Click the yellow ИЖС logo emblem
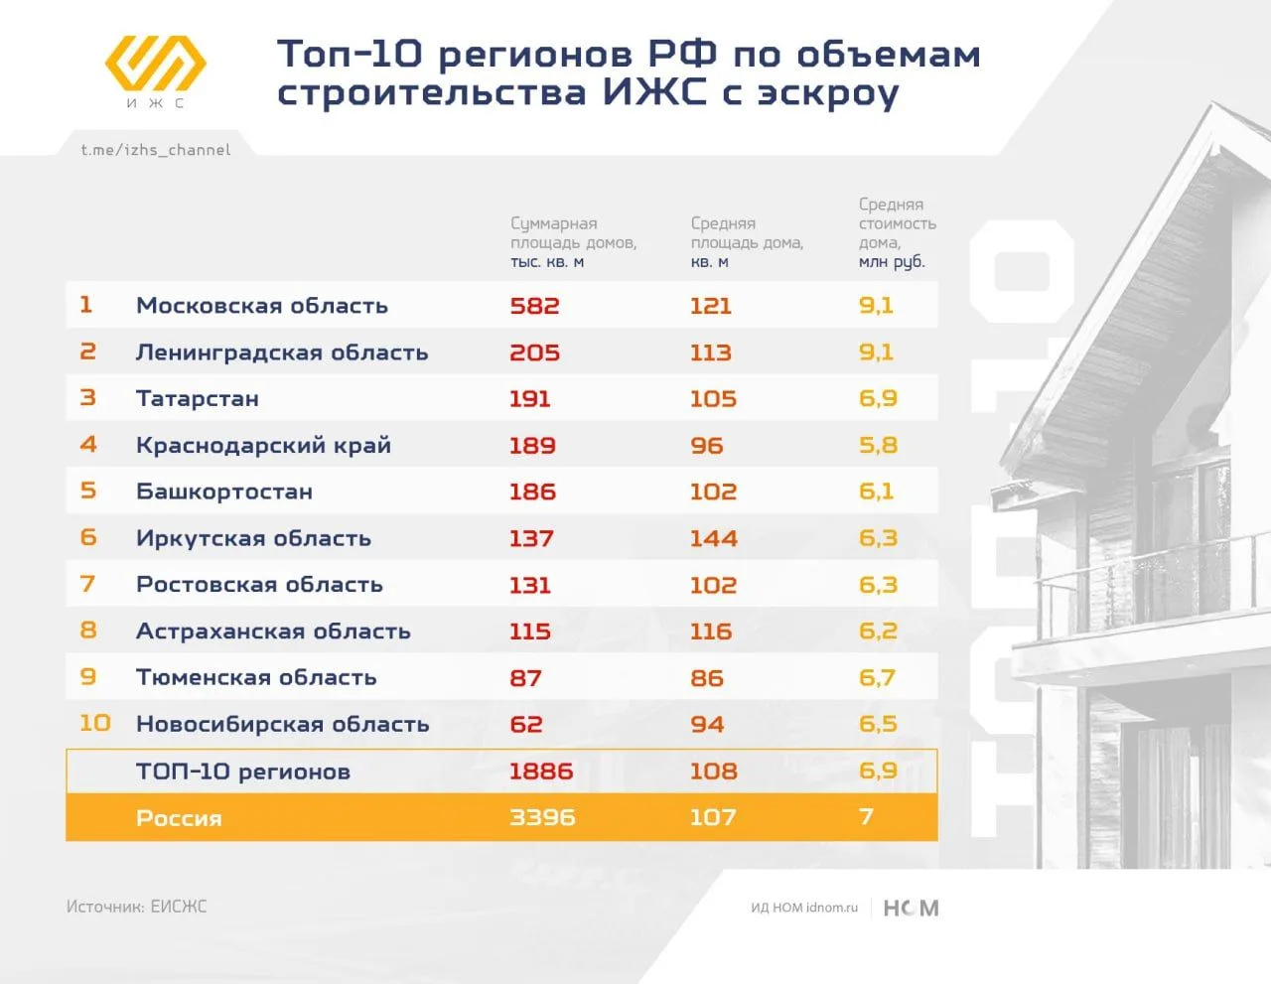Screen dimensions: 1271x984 click(x=156, y=64)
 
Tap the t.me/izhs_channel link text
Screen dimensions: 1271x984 click(x=156, y=150)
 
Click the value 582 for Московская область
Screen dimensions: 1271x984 click(x=534, y=306)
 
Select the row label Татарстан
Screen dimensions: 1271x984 click(x=198, y=399)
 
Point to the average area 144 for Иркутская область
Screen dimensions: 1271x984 click(x=714, y=538)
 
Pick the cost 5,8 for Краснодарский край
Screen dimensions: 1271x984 click(x=878, y=446)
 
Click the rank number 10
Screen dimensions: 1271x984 click(x=94, y=723)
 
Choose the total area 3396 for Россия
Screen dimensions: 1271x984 click(x=542, y=817)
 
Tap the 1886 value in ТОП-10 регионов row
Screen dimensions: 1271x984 click(x=541, y=772)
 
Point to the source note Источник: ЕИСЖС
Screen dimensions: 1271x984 click(x=136, y=907)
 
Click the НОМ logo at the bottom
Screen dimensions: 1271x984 click(x=911, y=908)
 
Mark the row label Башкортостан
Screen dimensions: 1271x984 click(x=224, y=492)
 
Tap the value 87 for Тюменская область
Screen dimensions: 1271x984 click(x=525, y=678)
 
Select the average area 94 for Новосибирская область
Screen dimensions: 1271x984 click(x=707, y=725)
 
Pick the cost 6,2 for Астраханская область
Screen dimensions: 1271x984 click(x=878, y=632)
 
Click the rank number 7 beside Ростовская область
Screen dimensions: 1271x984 click(x=87, y=584)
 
